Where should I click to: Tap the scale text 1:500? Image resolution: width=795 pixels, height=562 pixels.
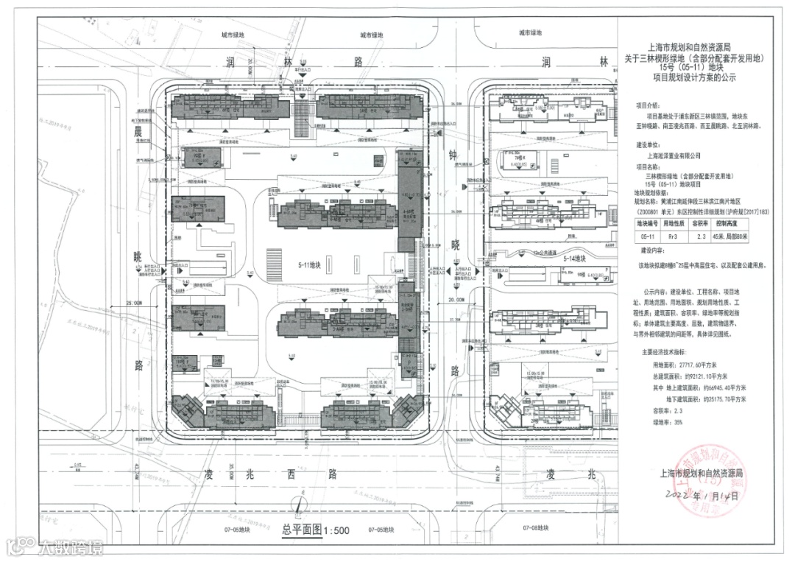coord(334,530)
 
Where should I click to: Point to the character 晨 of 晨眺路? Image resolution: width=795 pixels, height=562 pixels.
coord(137,131)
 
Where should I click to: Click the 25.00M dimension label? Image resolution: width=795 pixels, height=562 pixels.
coord(134,302)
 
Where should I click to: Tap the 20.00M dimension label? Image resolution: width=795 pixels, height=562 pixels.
coord(456,301)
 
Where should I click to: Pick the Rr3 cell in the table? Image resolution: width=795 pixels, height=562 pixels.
coord(671,237)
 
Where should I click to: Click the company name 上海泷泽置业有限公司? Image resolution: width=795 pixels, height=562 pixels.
coord(674,155)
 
